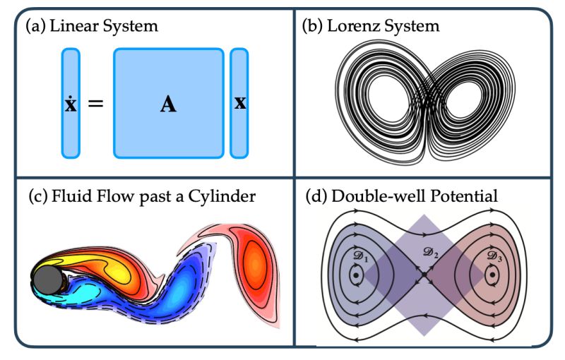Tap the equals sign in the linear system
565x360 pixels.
[x=95, y=104]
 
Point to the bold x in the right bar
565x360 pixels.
[x=240, y=103]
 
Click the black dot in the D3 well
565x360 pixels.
[x=490, y=275]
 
